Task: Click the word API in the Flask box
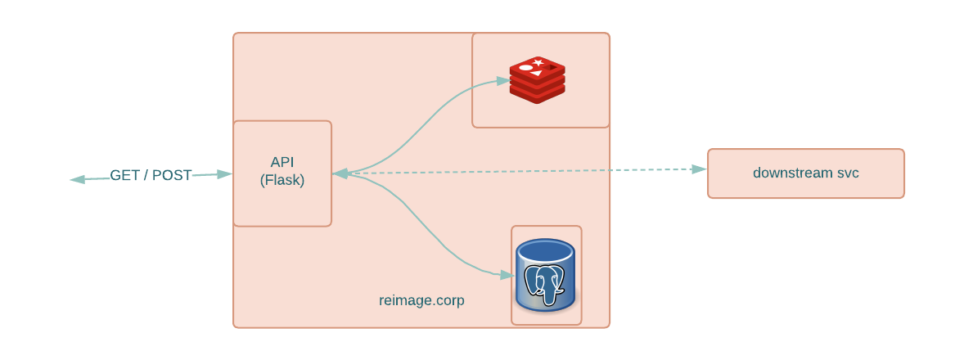point(282,162)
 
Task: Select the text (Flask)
point(282,181)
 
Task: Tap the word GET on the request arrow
point(125,175)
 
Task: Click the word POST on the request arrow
point(172,175)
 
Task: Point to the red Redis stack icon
point(538,80)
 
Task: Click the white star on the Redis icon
point(538,62)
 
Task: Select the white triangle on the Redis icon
point(536,74)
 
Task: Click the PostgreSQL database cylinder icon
point(545,275)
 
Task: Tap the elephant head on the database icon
point(545,278)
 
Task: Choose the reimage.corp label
point(421,300)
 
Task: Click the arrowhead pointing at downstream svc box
point(699,169)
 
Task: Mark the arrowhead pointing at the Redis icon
point(502,80)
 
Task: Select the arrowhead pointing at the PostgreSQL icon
point(507,275)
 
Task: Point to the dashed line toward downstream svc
point(524,171)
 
